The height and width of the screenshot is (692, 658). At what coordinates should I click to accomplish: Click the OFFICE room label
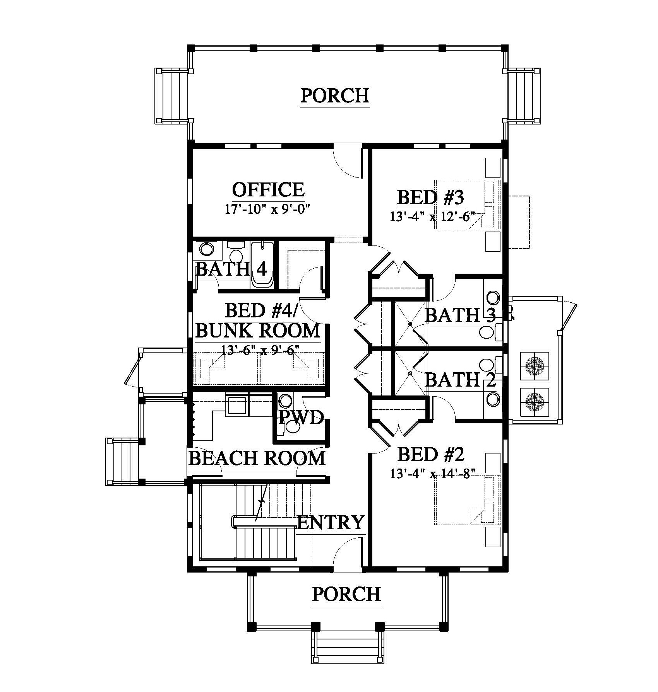[x=268, y=189]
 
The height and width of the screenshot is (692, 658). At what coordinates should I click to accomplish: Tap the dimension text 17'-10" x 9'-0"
[x=268, y=209]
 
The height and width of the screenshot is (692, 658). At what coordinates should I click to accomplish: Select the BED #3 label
[x=430, y=198]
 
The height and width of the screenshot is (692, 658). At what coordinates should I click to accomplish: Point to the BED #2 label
[x=430, y=454]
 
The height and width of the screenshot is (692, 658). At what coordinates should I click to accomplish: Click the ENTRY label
[x=331, y=523]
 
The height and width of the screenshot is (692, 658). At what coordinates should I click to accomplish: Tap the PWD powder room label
[x=301, y=418]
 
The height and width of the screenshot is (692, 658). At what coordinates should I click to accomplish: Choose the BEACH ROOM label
[x=257, y=458]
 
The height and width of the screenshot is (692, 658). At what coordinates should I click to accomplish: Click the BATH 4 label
[x=231, y=269]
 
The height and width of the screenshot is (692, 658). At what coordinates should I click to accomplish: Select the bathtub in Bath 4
[x=262, y=265]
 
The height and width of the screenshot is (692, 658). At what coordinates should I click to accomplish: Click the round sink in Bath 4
[x=206, y=248]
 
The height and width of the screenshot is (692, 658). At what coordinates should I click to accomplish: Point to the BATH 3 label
[x=460, y=315]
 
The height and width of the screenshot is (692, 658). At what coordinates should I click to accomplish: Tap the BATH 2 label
[x=460, y=380]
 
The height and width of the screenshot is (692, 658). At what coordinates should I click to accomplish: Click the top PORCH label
[x=335, y=95]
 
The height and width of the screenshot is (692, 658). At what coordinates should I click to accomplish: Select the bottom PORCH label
[x=346, y=594]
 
